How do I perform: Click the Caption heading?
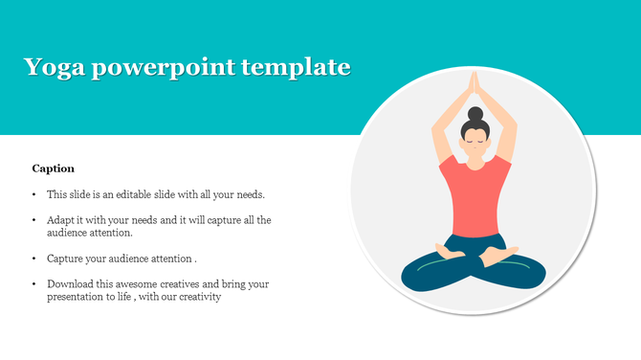click(54, 169)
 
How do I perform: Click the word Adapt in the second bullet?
click(61, 220)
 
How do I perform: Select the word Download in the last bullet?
click(71, 284)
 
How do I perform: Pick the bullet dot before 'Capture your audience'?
click(34, 259)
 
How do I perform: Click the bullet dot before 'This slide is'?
click(34, 194)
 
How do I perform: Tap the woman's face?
click(474, 143)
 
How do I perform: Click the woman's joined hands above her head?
click(474, 87)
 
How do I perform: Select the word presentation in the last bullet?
click(84, 297)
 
